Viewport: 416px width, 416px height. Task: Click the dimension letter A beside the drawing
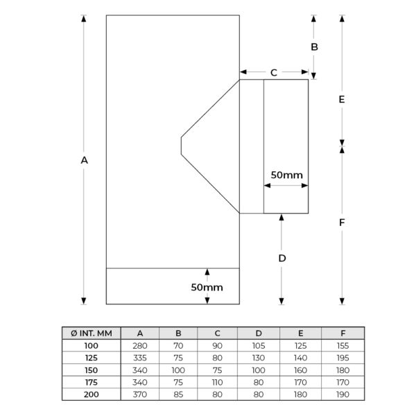point(84,160)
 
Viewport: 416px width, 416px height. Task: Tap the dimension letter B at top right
point(314,47)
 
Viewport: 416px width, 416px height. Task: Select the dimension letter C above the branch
point(274,72)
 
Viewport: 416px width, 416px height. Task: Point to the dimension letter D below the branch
point(282,258)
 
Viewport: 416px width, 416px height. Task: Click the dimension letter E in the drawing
point(342,99)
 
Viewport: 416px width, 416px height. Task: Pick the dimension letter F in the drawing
point(342,223)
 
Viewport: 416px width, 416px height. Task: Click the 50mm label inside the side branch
point(286,175)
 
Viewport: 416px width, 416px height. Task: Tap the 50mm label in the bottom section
point(207,287)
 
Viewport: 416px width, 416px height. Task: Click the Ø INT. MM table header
point(92,333)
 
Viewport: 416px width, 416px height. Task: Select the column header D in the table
point(259,333)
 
